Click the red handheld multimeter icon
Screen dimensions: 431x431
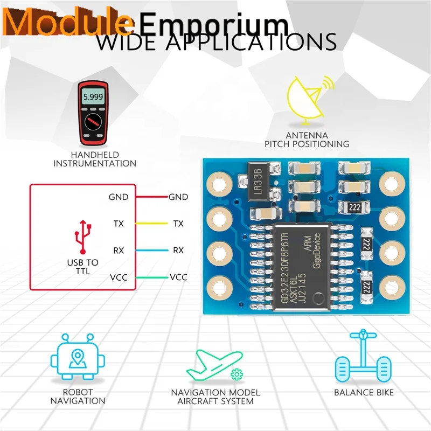(95, 113)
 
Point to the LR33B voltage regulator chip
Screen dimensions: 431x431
(258, 180)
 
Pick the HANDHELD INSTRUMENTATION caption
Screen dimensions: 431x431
(95, 159)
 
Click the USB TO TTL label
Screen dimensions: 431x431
(83, 267)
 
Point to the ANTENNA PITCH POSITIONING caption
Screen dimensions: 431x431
(307, 140)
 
